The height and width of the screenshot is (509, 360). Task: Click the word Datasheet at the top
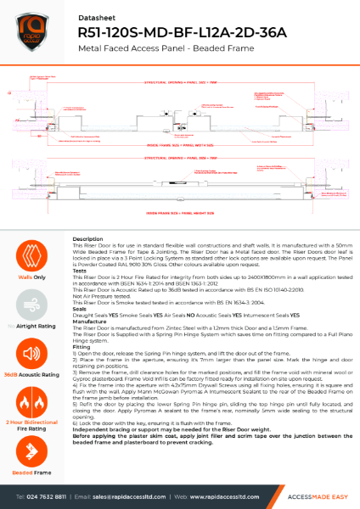[94, 14]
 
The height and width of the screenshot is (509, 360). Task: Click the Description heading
[88, 239]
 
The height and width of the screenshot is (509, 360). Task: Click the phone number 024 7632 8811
[51, 495]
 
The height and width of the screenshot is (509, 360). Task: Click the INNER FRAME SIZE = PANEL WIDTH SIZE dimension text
[179, 143]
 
